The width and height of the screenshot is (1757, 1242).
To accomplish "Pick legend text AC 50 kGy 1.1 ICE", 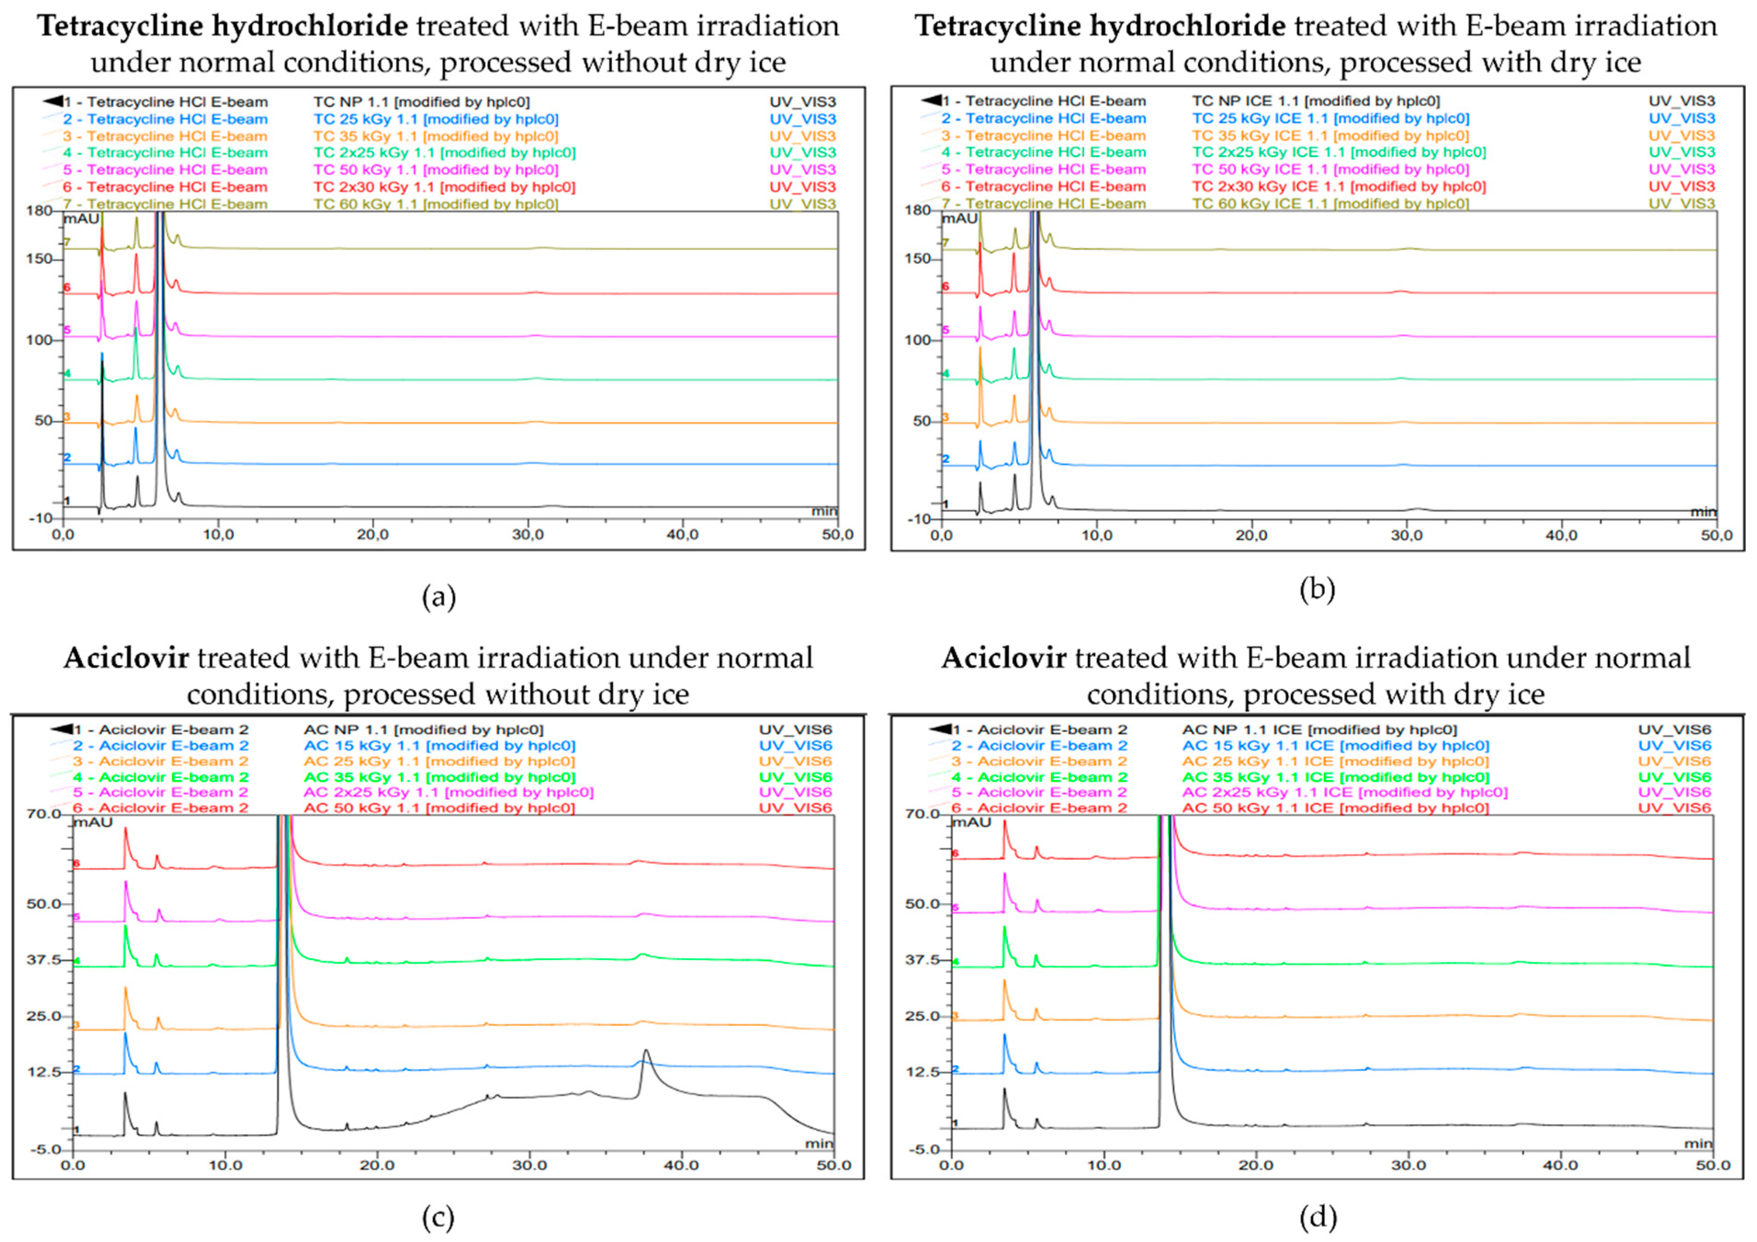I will coord(1335,808).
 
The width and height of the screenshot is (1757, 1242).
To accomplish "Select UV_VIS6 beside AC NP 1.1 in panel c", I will coord(795,730).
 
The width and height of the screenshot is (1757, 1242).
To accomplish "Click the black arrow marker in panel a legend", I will coord(52,101).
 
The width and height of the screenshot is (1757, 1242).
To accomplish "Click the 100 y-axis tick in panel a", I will coord(39,340).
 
